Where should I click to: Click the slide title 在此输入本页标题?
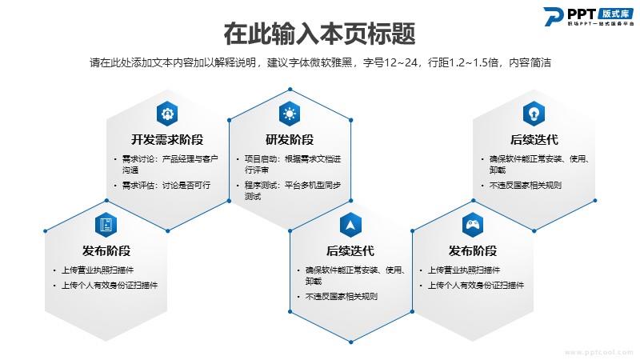point(319,34)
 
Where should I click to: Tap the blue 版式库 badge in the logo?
point(616,14)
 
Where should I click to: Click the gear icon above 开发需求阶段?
point(167,114)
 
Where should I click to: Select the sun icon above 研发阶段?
point(290,114)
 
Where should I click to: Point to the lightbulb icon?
point(534,114)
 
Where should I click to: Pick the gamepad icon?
point(473,225)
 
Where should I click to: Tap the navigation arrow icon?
point(350,225)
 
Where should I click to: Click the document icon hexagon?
point(106,225)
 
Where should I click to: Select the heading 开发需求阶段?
point(167,139)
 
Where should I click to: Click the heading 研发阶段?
point(290,139)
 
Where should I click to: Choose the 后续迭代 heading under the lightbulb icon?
point(534,139)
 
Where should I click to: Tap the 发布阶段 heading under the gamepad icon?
point(473,250)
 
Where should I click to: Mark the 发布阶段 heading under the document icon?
point(106,250)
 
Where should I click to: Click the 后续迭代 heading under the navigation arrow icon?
point(350,250)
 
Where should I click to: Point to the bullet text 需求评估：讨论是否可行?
point(166,186)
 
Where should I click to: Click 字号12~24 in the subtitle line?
point(390,63)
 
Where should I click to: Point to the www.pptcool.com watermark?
point(598,352)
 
